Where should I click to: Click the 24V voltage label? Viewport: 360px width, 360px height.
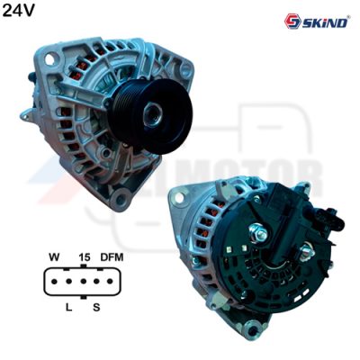[x=19, y=11]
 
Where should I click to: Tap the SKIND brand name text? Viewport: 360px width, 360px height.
[x=325, y=22]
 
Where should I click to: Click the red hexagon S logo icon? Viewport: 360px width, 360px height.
[x=292, y=22]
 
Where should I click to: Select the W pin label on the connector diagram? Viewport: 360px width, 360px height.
[x=54, y=257]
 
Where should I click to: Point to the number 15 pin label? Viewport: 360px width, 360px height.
[x=85, y=257]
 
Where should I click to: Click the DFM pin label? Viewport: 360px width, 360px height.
[x=112, y=257]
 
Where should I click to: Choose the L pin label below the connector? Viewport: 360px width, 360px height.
[x=69, y=307]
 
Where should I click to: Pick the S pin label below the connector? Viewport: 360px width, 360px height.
[x=96, y=307]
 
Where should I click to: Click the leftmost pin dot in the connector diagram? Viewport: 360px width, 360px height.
[x=54, y=282]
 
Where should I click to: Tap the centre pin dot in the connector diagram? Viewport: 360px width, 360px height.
[x=84, y=282]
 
